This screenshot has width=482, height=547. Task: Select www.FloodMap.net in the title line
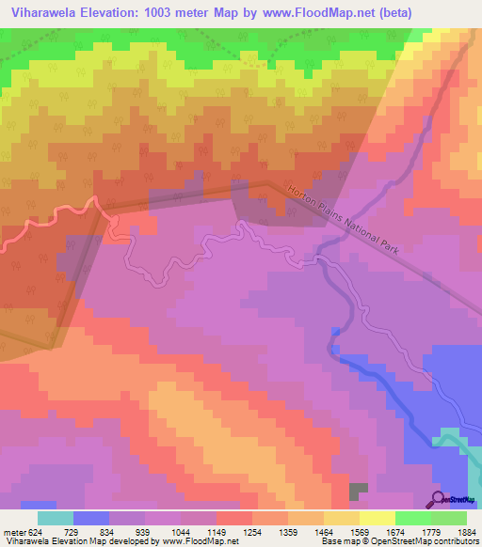tap(316, 12)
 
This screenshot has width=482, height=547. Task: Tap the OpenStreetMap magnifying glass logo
tap(438, 499)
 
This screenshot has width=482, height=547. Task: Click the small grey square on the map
tap(358, 492)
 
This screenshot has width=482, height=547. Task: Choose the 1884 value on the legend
tap(464, 533)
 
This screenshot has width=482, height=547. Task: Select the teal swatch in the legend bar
tap(55, 518)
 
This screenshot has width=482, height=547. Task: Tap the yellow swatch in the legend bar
tap(378, 518)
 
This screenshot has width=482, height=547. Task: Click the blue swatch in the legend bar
tap(90, 518)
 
